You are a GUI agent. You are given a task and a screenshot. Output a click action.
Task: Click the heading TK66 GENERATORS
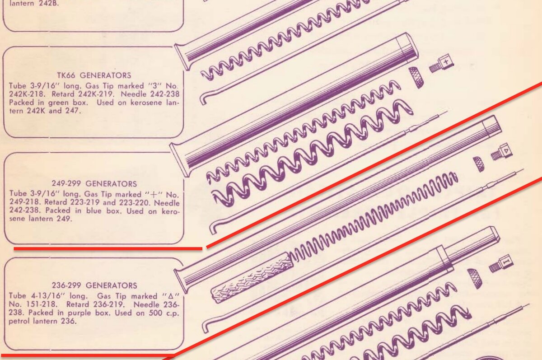94,75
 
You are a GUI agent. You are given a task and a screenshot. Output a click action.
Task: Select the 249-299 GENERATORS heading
94,184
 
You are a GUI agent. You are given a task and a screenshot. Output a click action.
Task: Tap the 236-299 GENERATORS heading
94,285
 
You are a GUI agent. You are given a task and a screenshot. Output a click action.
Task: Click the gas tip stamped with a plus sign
441,64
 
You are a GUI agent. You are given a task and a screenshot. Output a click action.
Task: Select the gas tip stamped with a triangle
501,152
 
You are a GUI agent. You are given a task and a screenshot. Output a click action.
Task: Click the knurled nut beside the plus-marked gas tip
416,77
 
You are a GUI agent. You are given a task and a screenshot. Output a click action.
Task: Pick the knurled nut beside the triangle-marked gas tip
479,164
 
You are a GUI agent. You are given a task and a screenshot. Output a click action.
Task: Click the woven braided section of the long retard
252,278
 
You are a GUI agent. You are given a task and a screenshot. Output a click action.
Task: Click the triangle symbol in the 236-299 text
171,296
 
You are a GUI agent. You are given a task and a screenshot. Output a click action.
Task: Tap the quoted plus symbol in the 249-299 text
154,194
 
